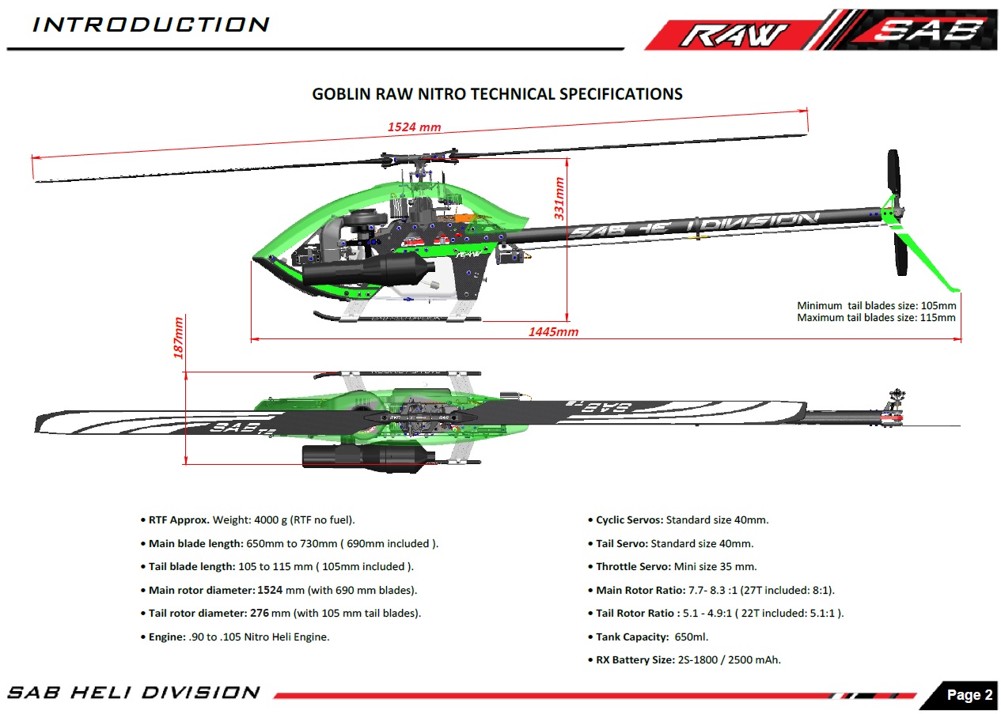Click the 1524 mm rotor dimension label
click(x=415, y=127)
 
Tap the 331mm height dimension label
click(x=559, y=198)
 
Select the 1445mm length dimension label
click(x=553, y=332)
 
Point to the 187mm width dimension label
click(x=178, y=338)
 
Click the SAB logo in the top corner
click(x=930, y=30)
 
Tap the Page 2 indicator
click(x=969, y=694)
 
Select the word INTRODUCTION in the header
click(x=151, y=25)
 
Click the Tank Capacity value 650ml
click(x=692, y=637)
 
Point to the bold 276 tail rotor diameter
click(x=260, y=613)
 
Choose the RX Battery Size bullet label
click(x=635, y=660)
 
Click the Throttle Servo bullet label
click(x=633, y=567)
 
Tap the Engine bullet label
click(x=167, y=637)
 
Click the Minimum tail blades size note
click(x=876, y=306)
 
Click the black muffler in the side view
click(x=368, y=270)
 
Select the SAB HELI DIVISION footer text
click(x=134, y=693)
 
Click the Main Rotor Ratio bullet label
click(x=640, y=591)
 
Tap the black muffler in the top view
click(x=368, y=458)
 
